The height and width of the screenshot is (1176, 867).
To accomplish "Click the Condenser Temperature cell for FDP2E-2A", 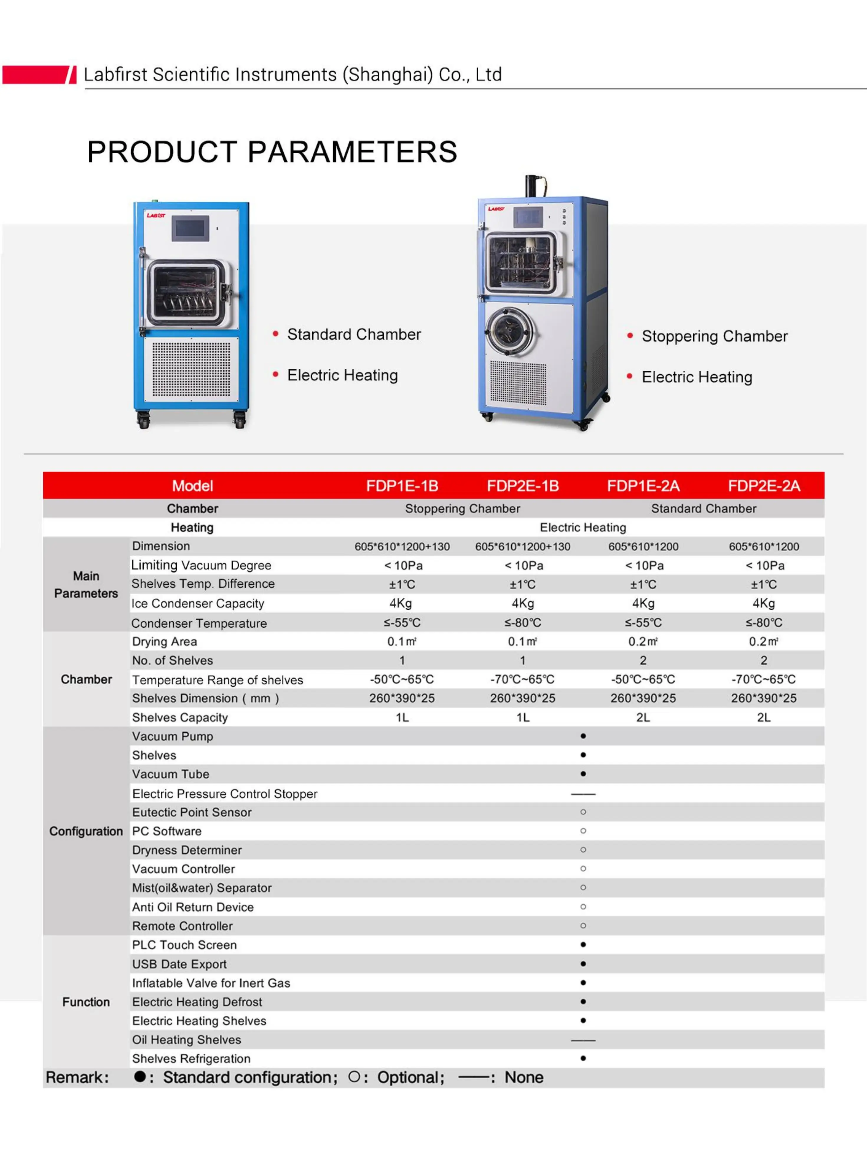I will point(763,623).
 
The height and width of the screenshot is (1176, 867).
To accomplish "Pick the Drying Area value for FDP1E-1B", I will point(402,642).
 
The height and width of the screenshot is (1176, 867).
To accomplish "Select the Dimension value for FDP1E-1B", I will point(402,547).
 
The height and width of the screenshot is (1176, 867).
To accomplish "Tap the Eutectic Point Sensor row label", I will point(192,812).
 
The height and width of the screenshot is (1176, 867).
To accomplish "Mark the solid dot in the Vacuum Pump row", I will point(583,736).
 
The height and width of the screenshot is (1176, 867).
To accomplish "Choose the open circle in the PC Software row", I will point(583,831).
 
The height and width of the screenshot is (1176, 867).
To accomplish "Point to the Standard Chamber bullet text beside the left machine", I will point(354,334).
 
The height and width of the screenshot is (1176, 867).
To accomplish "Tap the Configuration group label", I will point(86,831).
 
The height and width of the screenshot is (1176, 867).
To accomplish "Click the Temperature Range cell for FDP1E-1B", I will point(402,679).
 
